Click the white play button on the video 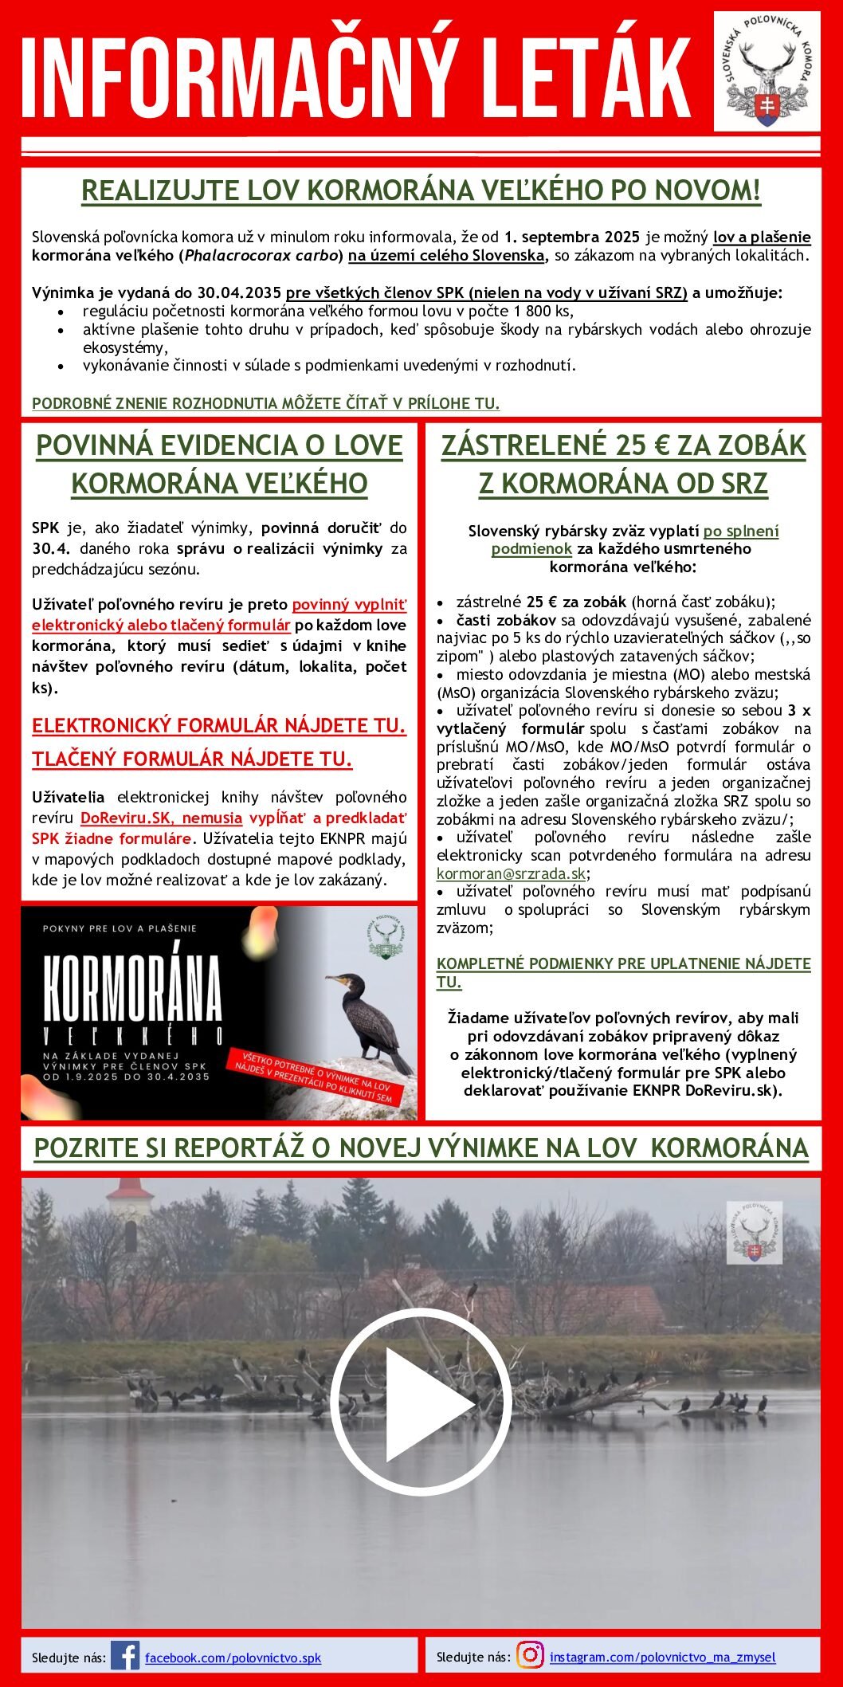(x=420, y=1406)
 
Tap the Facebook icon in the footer (x=125, y=1656)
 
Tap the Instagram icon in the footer (x=530, y=1655)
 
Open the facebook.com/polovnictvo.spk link (x=233, y=1658)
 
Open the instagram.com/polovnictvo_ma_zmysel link (x=662, y=1657)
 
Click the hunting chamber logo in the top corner (x=766, y=71)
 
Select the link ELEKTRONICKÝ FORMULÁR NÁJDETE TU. (x=218, y=726)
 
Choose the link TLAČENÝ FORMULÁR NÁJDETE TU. (x=192, y=759)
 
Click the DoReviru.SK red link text (x=161, y=818)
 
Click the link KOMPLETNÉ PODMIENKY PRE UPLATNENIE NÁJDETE (x=623, y=963)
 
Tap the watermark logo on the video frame (x=753, y=1232)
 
